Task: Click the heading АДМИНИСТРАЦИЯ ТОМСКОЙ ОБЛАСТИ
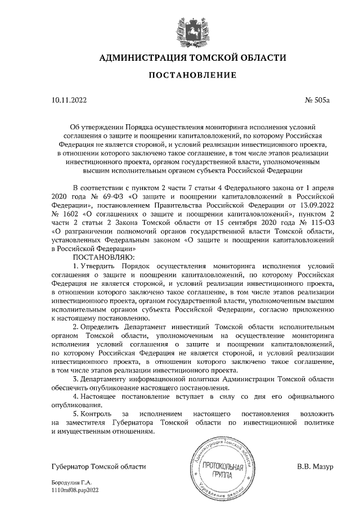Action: click(193, 58)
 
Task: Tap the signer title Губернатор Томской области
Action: click(98, 467)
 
